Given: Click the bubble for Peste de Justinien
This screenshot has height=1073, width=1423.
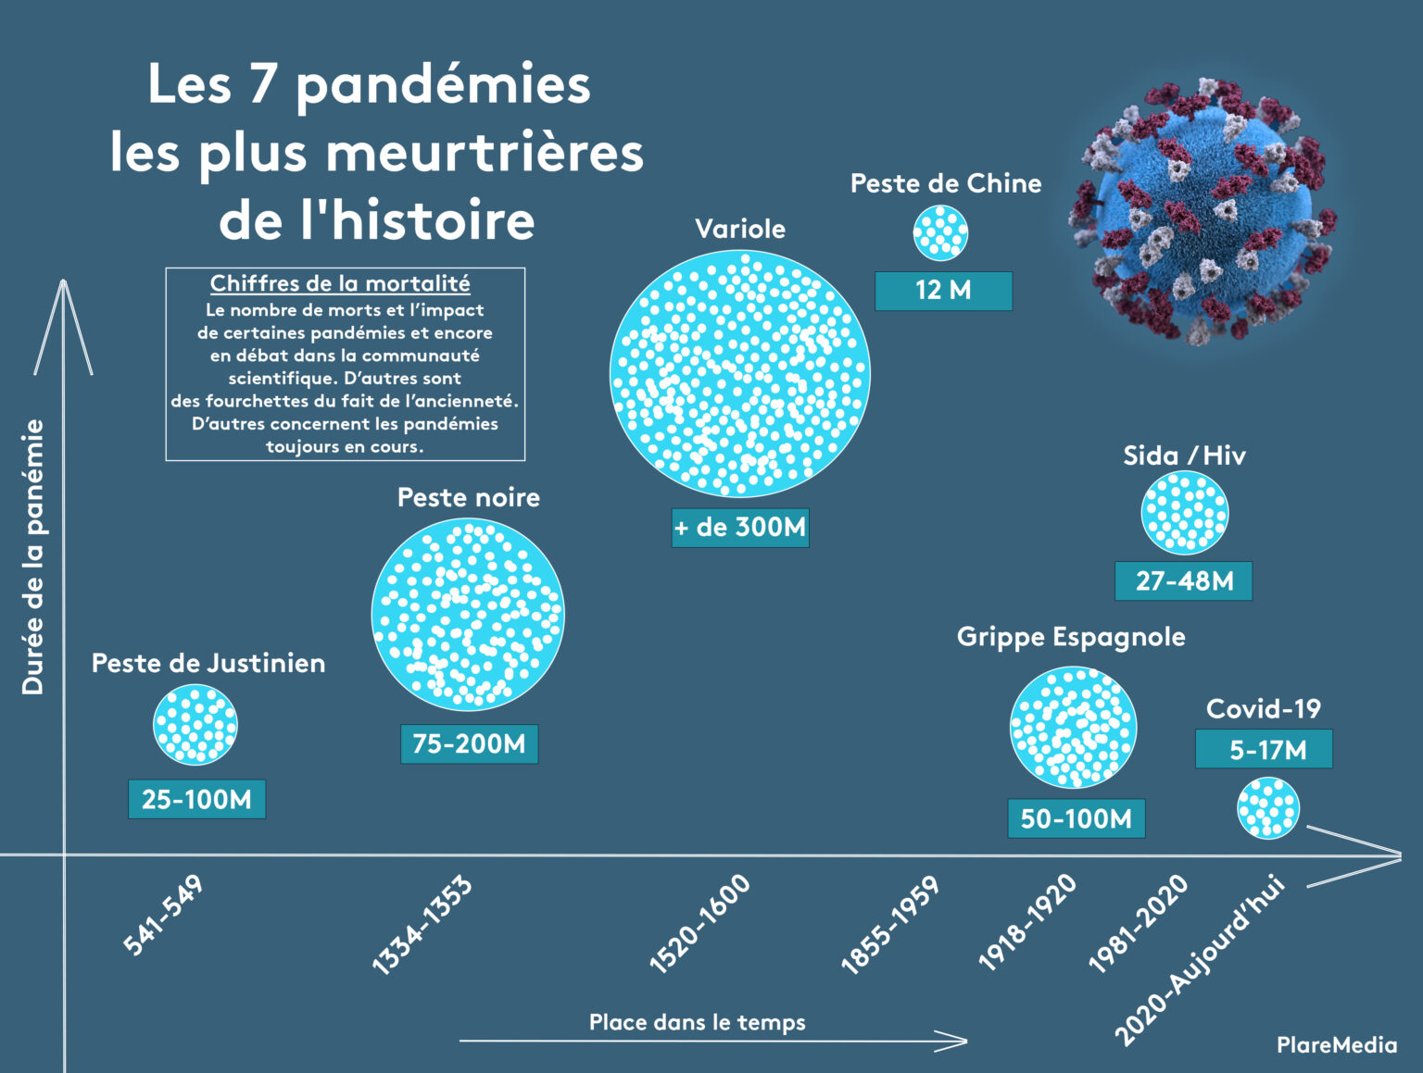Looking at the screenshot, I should pos(195,725).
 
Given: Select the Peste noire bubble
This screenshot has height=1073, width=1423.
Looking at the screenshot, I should pos(468,615).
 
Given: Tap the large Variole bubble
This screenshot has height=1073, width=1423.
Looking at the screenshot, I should pos(740,373).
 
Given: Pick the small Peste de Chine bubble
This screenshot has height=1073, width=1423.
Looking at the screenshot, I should pos(940,232).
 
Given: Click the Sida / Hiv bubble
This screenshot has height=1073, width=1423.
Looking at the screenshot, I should pos(1184,513).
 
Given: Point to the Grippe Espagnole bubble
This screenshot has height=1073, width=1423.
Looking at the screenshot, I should pos(1073,727).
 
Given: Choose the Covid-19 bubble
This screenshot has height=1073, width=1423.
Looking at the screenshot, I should pos(1268,807).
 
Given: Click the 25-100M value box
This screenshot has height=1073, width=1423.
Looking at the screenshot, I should pos(196,799).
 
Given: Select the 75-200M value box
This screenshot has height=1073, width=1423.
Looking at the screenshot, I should pos(469,743).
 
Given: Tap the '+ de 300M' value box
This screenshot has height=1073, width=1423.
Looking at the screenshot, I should pos(740,528).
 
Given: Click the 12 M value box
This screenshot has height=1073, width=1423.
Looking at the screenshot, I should pos(943,291).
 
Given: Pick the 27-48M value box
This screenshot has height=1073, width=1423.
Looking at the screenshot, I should pos(1184,581).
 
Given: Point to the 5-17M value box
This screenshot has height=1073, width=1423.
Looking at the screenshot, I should pos(1264,749).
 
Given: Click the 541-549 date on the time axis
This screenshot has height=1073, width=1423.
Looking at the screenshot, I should pos(163,915).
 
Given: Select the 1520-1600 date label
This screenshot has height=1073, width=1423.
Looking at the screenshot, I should pos(699,924).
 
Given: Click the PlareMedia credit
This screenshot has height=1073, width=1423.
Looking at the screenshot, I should pos(1336,1045).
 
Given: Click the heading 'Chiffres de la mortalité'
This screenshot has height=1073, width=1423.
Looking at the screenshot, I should pos(340,283).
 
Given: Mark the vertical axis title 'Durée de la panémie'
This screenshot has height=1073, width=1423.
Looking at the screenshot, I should pos(33,556).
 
